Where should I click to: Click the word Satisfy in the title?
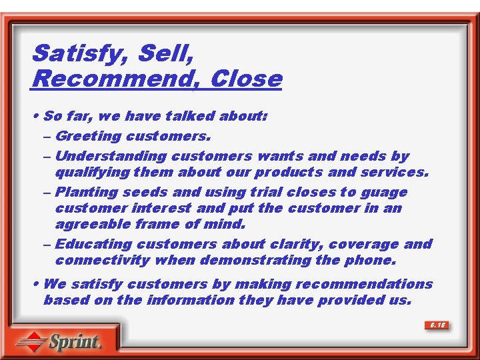tap(71, 53)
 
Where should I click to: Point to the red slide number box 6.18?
tap(437, 325)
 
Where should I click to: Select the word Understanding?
tap(111, 157)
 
